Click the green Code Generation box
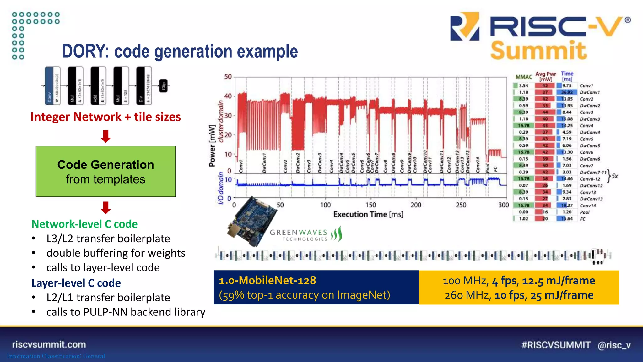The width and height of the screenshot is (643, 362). click(105, 171)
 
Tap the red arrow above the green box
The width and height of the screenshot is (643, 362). click(105, 136)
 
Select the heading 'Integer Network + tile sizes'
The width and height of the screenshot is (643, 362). click(105, 117)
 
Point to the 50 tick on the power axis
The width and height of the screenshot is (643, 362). click(228, 77)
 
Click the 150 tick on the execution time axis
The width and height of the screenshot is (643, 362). click(370, 205)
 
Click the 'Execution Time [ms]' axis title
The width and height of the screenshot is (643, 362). click(368, 214)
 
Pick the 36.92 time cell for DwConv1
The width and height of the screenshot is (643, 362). click(567, 92)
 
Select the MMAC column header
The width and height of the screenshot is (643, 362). click(524, 77)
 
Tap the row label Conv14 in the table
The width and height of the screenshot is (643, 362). click(588, 206)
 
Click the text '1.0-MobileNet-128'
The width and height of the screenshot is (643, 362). click(267, 280)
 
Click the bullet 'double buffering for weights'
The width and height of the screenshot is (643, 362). click(116, 253)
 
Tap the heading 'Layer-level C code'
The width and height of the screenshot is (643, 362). click(76, 283)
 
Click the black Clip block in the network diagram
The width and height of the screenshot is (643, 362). click(163, 86)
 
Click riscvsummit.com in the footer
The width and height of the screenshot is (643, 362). click(49, 344)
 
